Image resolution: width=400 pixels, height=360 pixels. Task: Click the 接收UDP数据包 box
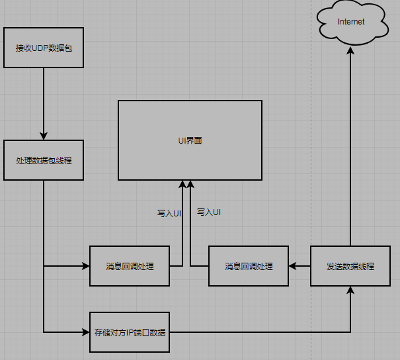(44, 48)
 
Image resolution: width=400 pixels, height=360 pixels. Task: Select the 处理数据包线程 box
(44, 160)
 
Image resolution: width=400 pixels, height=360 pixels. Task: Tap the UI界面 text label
(190, 140)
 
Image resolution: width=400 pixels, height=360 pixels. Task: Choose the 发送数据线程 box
(350, 266)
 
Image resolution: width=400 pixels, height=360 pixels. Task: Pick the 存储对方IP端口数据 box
(130, 332)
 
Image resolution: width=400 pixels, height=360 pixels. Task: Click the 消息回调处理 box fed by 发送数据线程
(249, 266)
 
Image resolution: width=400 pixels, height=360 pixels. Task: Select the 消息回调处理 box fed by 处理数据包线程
(130, 266)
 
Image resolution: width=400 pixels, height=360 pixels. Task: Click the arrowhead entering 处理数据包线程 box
(44, 136)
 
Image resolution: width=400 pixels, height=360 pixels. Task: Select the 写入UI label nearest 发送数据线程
(209, 212)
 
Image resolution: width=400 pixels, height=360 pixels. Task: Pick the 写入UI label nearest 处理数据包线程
(169, 213)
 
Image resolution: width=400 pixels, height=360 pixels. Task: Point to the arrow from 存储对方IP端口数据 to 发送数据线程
(264, 332)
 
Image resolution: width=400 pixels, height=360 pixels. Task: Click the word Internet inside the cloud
(351, 22)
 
